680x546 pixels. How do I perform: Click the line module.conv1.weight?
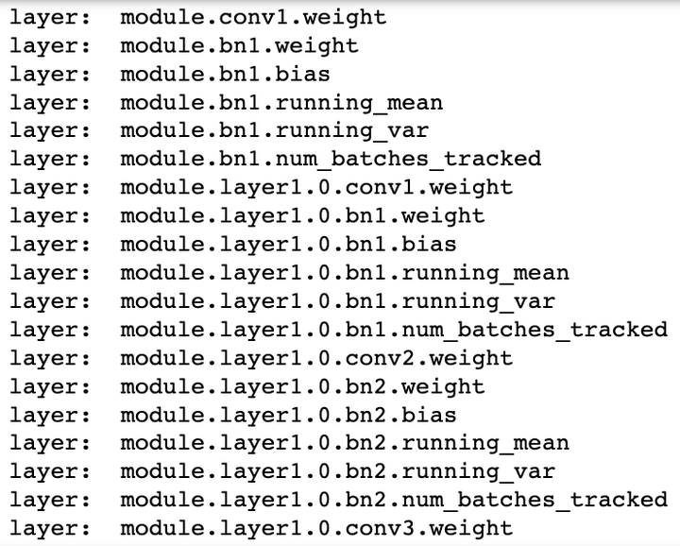pyautogui.click(x=253, y=18)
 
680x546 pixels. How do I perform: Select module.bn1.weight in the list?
pyautogui.click(x=239, y=46)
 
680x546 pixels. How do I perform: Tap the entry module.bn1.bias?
pyautogui.click(x=225, y=75)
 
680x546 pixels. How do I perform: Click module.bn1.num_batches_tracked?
pyautogui.click(x=331, y=159)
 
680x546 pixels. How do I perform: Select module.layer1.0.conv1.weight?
pyautogui.click(x=316, y=188)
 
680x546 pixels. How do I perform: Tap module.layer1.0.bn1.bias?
pyautogui.click(x=288, y=245)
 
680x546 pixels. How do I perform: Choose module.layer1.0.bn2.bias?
pyautogui.click(x=288, y=415)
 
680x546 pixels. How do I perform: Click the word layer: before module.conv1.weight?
pyautogui.click(x=50, y=19)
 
